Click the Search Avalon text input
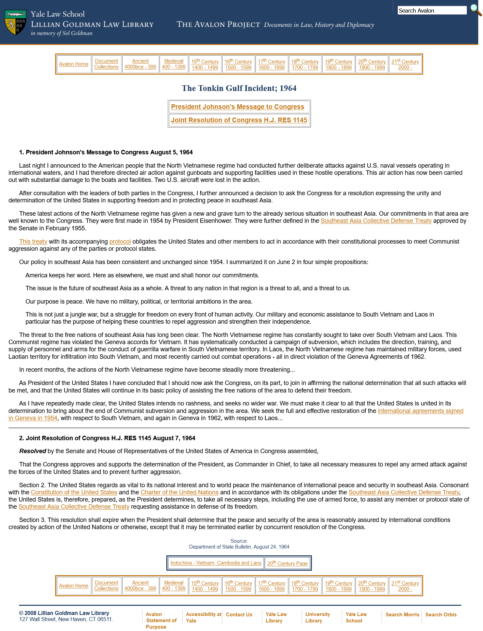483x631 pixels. point(432,11)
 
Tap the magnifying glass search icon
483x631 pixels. point(476,10)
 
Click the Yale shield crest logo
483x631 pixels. point(16,22)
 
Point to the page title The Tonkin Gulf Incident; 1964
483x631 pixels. point(239,88)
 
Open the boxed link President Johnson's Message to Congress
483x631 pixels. point(237,107)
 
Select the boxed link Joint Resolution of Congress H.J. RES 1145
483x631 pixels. point(239,120)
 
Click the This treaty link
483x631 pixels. point(33,242)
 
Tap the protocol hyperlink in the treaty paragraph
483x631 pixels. point(120,242)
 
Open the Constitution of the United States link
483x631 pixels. point(74,492)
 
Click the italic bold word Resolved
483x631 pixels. point(33,451)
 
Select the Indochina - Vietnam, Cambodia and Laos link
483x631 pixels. point(216,563)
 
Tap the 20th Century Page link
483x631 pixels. point(287,563)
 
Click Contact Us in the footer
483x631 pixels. point(239,615)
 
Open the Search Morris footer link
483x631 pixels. point(402,615)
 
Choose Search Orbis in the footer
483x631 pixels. point(441,615)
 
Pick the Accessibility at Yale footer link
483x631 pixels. point(203,617)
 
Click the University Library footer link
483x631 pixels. point(317,617)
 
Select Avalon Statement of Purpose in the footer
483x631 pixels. point(161,620)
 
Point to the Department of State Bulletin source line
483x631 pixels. point(239,547)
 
